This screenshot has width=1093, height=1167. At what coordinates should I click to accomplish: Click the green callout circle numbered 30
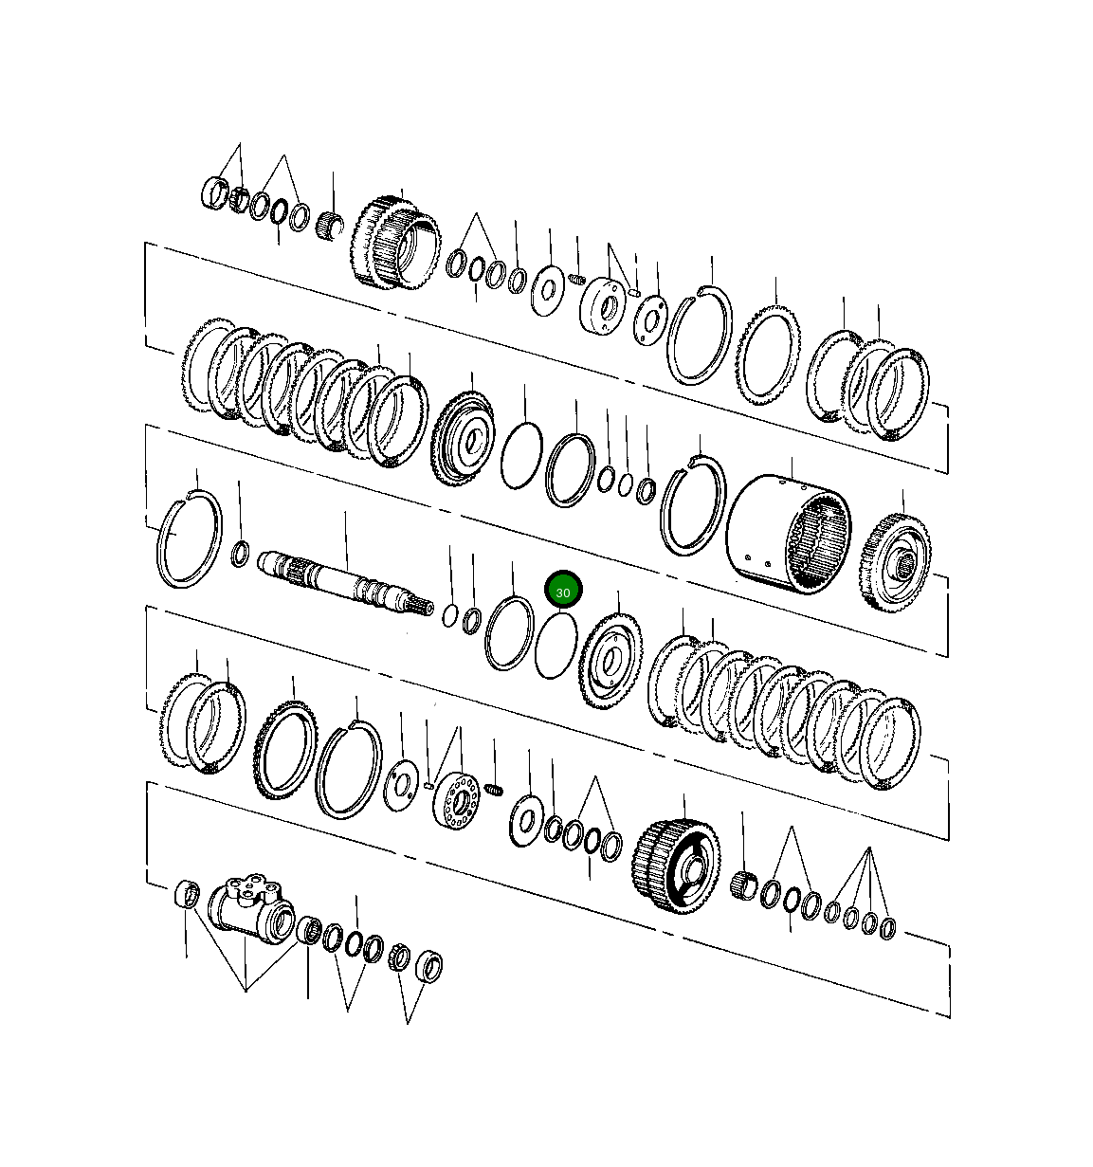pos(563,591)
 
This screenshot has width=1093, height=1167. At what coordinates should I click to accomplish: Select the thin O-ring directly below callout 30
pos(556,646)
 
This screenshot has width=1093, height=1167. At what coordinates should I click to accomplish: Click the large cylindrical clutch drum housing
pos(788,537)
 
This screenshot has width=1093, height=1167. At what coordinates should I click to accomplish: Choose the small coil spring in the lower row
pos(494,789)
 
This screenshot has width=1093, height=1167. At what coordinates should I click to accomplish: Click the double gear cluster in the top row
pos(396,244)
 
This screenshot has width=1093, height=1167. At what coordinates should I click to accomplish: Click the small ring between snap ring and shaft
pos(241,553)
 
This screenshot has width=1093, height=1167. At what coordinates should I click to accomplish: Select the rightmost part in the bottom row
pos(888,926)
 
